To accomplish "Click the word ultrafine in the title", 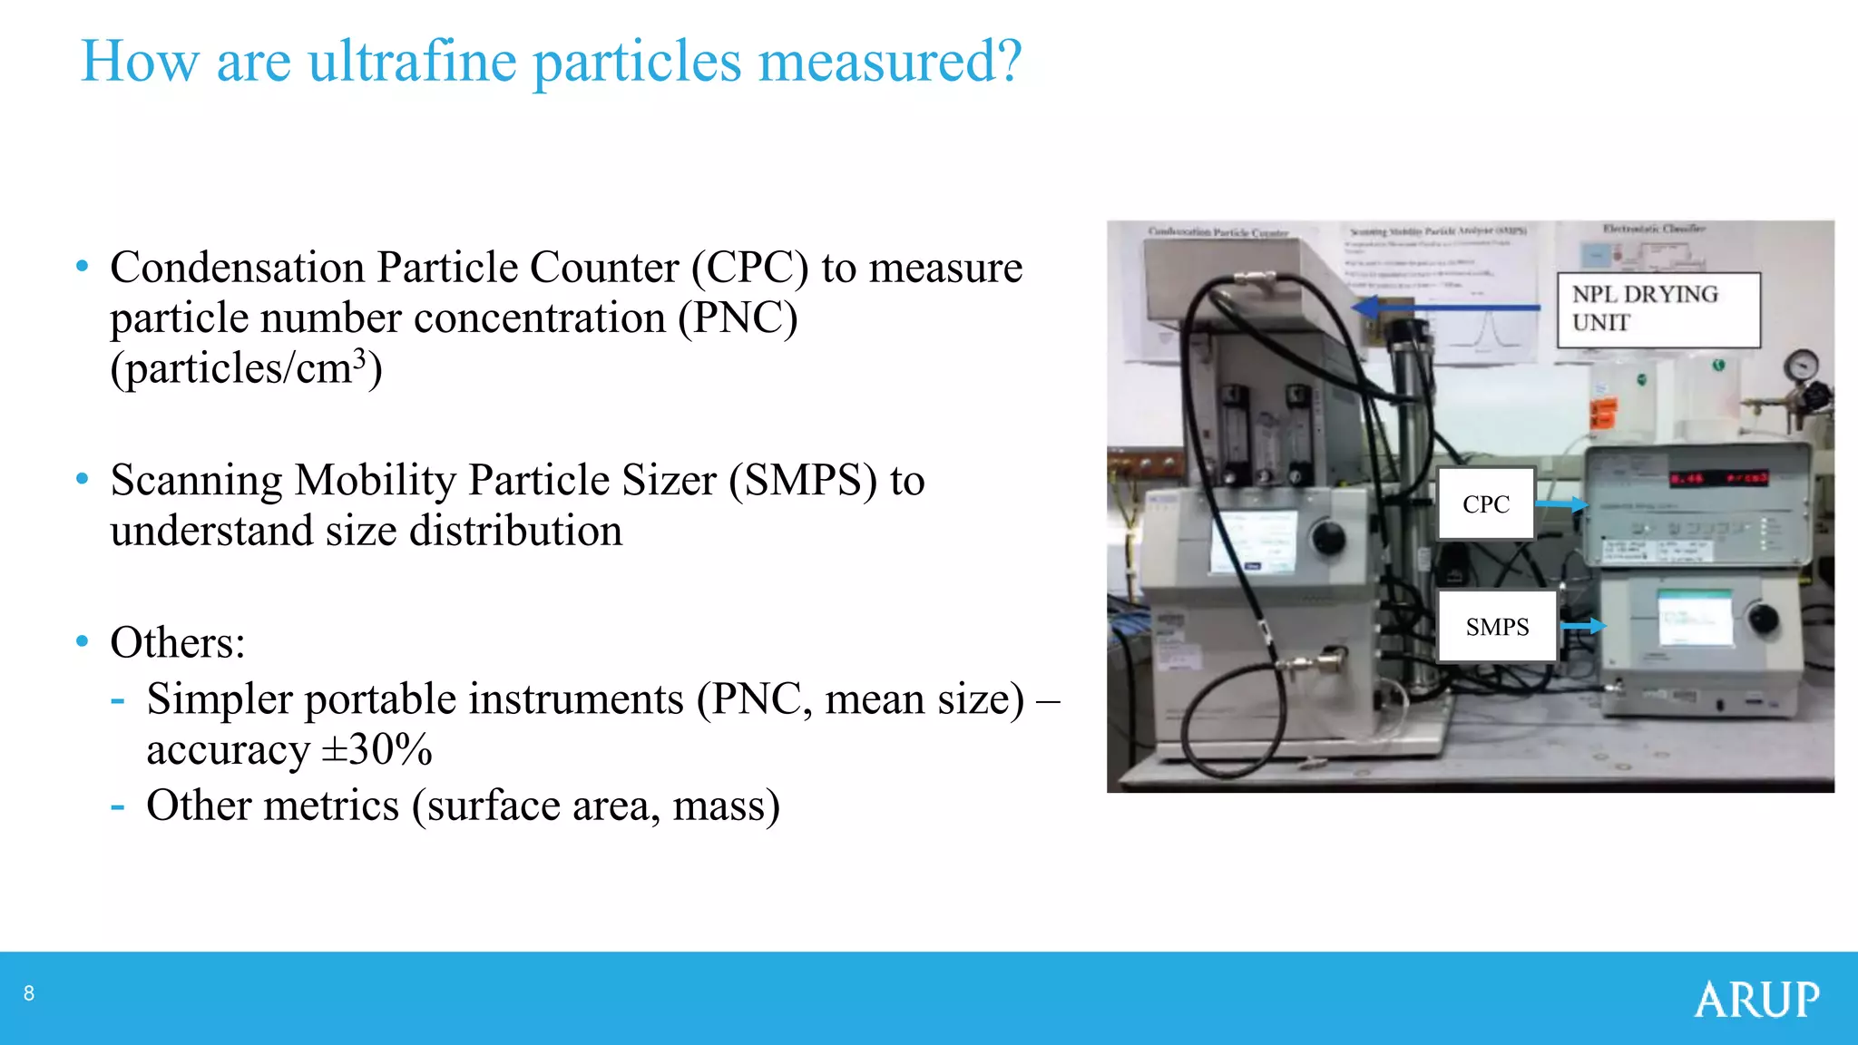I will pos(413,62).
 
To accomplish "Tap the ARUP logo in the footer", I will pos(1756,1000).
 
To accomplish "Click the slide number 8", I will pos(29,994).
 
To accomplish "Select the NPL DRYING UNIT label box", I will pos(1658,309).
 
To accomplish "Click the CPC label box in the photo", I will pos(1486,504).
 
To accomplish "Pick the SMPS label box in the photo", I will pos(1497,627).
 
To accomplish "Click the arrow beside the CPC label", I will pos(1561,504).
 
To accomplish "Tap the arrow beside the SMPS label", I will pos(1583,626).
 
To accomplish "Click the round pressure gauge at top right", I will pos(1800,366).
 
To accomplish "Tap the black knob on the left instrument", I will pos(1328,537).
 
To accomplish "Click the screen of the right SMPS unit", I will pos(1695,618).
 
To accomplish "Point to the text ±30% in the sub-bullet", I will pos(377,750).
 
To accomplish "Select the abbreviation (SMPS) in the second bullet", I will pos(803,481).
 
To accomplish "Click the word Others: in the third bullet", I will pos(178,643).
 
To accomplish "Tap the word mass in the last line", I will pos(720,806).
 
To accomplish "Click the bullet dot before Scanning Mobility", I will pos(83,479).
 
